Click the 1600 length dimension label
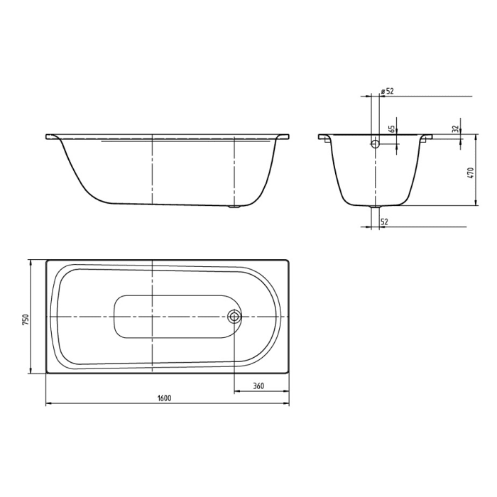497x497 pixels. click(x=164, y=398)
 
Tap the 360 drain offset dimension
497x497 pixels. click(x=258, y=386)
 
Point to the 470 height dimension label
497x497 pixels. click(x=471, y=172)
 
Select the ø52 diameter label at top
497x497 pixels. click(x=388, y=91)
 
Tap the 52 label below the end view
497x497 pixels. click(x=384, y=222)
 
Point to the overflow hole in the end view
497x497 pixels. click(x=375, y=143)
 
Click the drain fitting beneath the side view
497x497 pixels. click(x=234, y=208)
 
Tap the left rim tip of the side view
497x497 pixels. click(x=47, y=136)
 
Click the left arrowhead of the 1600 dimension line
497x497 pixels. click(x=48, y=404)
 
